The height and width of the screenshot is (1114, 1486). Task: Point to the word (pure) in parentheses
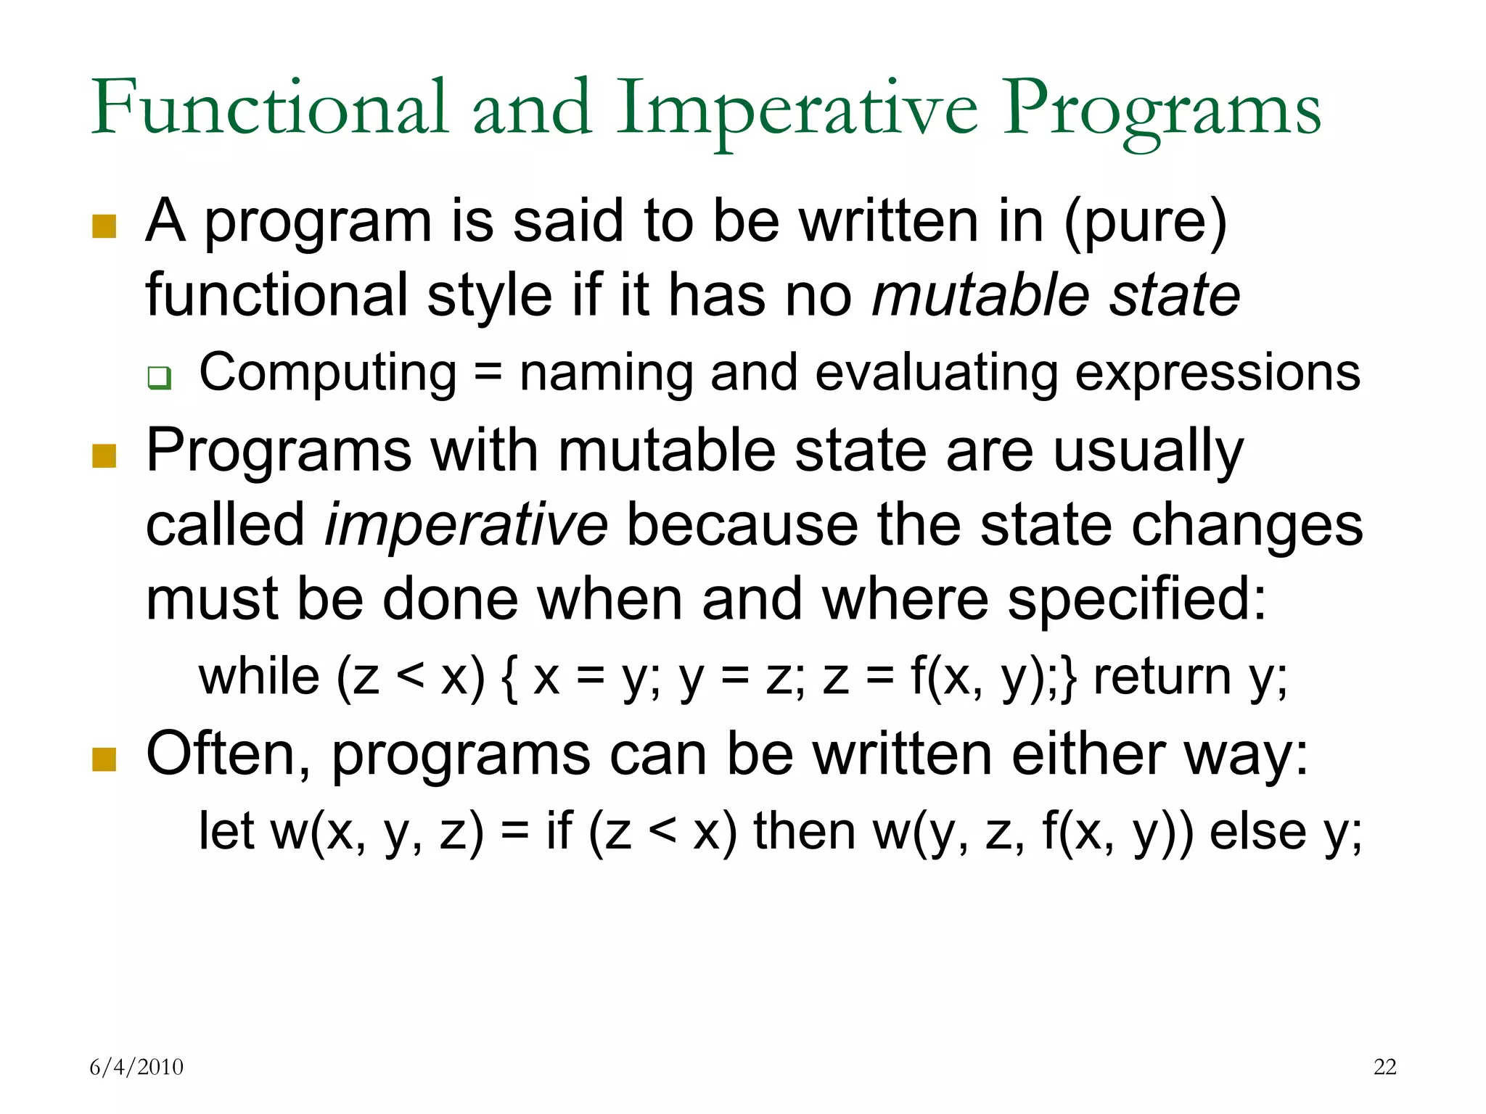click(1145, 222)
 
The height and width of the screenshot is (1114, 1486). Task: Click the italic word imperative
click(465, 525)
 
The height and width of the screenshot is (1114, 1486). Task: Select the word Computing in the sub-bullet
click(328, 373)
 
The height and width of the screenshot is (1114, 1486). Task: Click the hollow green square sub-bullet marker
click(159, 378)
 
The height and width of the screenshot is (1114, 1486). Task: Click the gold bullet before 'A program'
click(104, 226)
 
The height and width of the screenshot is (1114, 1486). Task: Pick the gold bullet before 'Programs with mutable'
click(104, 456)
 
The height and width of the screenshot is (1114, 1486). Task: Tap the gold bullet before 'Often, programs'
click(104, 759)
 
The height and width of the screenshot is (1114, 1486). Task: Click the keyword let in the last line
click(226, 830)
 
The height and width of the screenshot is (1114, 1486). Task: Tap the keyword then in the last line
click(804, 830)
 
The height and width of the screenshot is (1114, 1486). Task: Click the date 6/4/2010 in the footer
click(136, 1067)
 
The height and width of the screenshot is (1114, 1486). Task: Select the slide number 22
click(1384, 1067)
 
